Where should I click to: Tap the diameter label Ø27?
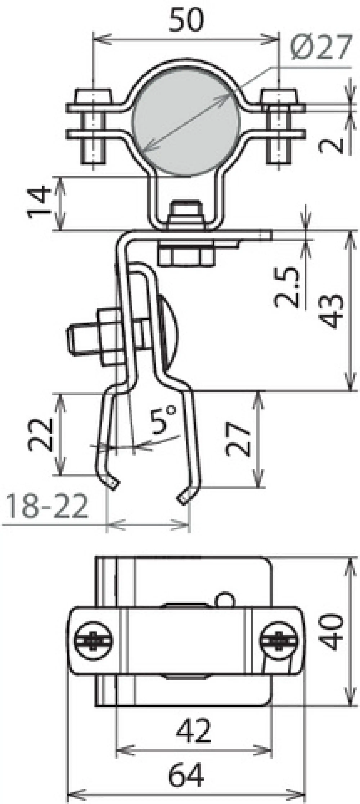[321, 47]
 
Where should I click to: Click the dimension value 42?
[194, 731]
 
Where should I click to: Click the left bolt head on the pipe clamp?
[93, 96]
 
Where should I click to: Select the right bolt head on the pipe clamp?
[279, 96]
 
